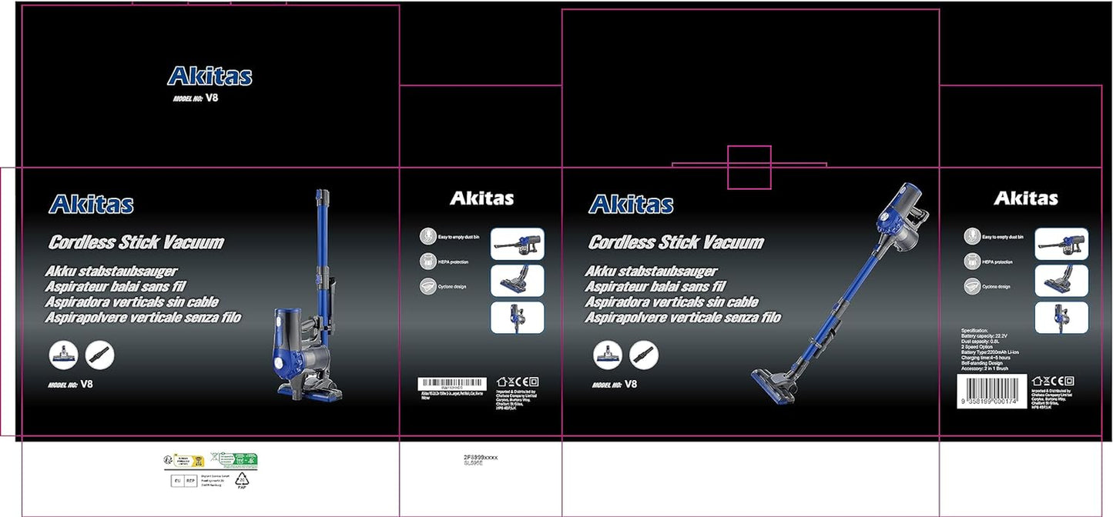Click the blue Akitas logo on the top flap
click(x=210, y=76)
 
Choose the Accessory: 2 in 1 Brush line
click(x=995, y=370)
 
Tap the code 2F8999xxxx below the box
click(x=481, y=457)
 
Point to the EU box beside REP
click(x=176, y=482)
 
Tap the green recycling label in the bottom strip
click(x=239, y=460)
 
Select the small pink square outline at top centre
click(x=749, y=167)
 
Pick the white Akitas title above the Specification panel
click(x=1025, y=198)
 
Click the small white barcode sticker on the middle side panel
click(x=452, y=382)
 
